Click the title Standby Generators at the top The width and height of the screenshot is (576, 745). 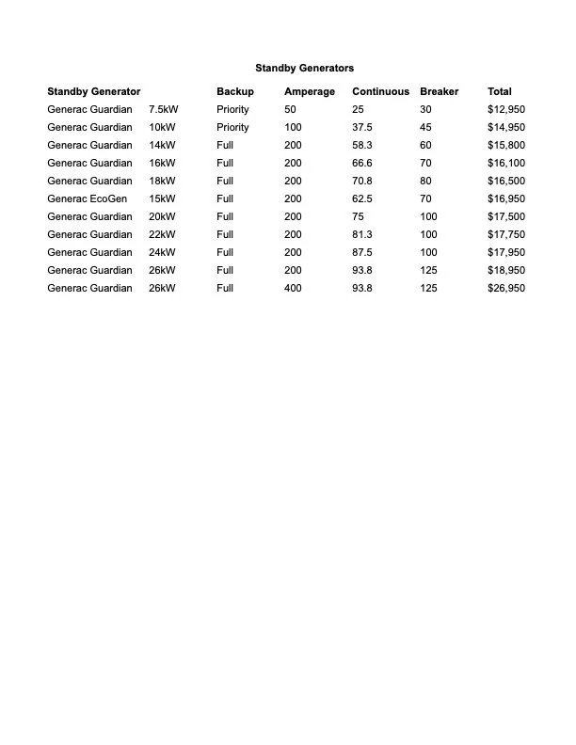[x=304, y=68]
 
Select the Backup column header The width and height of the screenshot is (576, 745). [x=235, y=91]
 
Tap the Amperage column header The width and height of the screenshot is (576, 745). [x=310, y=91]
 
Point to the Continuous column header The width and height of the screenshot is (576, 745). [x=380, y=91]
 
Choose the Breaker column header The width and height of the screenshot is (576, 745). [x=440, y=91]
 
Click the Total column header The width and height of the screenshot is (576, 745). [x=500, y=91]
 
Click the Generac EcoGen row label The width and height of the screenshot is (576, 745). [x=87, y=198]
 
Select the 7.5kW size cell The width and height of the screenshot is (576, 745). [x=164, y=109]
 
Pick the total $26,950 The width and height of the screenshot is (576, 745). [x=506, y=288]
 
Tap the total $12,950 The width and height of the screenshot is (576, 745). [x=506, y=109]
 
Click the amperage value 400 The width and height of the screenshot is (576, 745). [x=293, y=288]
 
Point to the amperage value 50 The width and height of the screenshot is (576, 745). [x=290, y=109]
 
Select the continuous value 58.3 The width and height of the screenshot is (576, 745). [x=362, y=145]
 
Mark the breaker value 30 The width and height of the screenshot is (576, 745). [x=425, y=109]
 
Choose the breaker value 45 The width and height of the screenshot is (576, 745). [x=425, y=127]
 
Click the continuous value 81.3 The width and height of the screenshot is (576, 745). [x=362, y=234]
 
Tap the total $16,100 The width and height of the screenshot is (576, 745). [x=506, y=163]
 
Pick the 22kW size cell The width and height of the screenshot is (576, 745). [x=162, y=234]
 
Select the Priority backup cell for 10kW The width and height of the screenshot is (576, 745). [x=232, y=127]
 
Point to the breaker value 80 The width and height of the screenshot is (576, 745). [x=425, y=181]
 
